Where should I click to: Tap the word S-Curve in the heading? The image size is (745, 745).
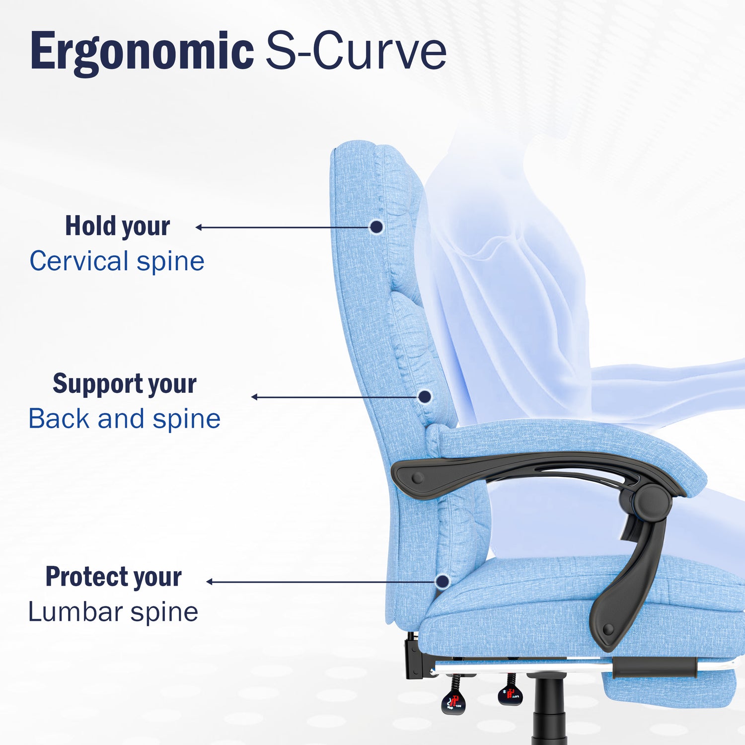(356, 51)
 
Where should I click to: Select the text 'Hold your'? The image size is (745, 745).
(118, 226)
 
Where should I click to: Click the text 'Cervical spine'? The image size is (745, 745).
(117, 261)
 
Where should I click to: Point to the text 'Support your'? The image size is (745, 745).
(125, 384)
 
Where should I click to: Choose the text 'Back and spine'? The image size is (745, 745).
(125, 419)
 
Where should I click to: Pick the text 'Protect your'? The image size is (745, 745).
(114, 577)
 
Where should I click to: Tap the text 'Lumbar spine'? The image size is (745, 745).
(113, 612)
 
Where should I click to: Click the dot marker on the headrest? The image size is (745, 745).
(377, 227)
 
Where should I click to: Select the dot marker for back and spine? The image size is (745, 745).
(425, 396)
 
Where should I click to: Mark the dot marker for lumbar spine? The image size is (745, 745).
(443, 581)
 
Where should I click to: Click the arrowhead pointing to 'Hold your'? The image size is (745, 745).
(198, 227)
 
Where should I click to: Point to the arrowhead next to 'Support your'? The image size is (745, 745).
(254, 397)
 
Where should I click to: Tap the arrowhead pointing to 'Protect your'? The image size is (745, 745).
(209, 582)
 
